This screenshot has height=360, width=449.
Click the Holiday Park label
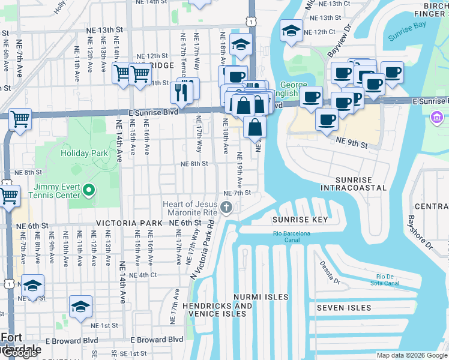pos(84,153)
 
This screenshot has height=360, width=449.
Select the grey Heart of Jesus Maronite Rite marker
pos(226,208)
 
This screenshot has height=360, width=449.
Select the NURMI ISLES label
pos(262,297)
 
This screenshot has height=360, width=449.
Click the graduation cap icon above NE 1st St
pos(80,307)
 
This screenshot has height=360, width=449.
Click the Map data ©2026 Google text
pos(412,355)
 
